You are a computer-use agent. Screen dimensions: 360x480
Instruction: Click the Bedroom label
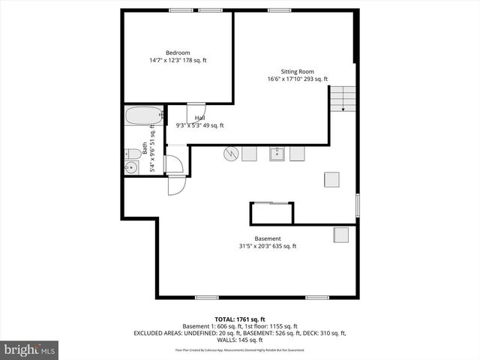click(178, 52)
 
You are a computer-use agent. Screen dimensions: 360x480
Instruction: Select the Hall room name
click(200, 118)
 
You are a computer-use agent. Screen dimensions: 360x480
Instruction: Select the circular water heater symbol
click(231, 154)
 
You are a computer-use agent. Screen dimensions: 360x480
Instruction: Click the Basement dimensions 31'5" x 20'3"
click(268, 246)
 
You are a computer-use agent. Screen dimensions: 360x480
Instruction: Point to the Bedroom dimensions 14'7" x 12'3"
click(178, 60)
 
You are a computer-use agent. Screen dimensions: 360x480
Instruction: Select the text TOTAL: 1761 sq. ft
click(239, 318)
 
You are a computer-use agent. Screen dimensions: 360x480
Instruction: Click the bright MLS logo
click(29, 349)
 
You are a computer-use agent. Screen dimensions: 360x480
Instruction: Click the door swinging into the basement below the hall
click(175, 184)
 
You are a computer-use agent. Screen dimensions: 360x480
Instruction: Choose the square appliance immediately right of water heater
click(250, 154)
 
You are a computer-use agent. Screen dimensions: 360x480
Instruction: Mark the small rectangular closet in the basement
click(273, 214)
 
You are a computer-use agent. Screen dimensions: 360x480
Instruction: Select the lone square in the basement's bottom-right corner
click(341, 235)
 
